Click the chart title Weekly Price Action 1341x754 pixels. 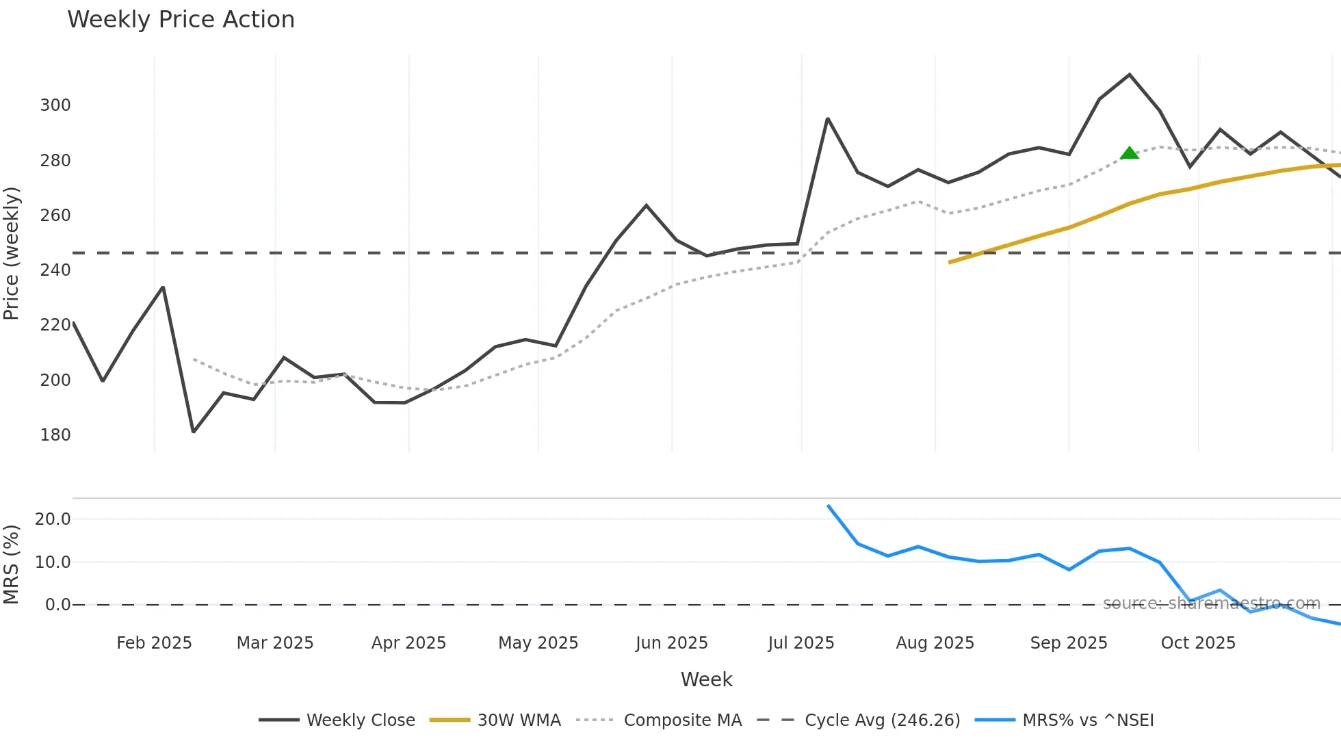(x=181, y=20)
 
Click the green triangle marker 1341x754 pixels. (x=1130, y=153)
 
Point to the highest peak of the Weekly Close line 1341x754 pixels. (x=1130, y=75)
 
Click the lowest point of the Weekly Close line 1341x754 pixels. (x=194, y=432)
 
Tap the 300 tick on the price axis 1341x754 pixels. (x=55, y=105)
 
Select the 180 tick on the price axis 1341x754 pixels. (x=55, y=435)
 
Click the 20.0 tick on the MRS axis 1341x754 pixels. (x=53, y=519)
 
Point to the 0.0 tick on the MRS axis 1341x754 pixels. (x=57, y=605)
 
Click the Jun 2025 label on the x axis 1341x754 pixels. (x=671, y=643)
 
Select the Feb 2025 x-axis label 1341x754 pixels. (x=154, y=643)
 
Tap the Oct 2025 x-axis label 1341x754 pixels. (x=1198, y=643)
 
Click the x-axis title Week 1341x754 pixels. (x=706, y=679)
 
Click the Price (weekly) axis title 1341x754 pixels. (x=12, y=253)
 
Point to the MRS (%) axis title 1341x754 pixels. (x=12, y=564)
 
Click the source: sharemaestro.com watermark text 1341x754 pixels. (x=1211, y=603)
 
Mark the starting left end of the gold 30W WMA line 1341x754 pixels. (x=950, y=262)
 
